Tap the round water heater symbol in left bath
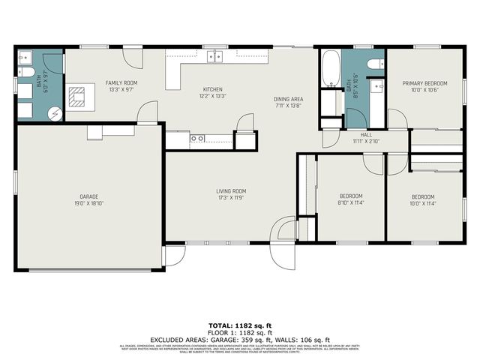pyautogui.click(x=55, y=113)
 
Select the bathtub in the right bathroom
pyautogui.click(x=330, y=72)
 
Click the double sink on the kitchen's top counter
pyautogui.click(x=216, y=56)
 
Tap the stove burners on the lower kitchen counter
pyautogui.click(x=197, y=139)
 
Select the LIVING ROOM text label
pyautogui.click(x=231, y=191)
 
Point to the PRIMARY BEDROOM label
pyautogui.click(x=425, y=83)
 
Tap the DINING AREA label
pyautogui.click(x=287, y=99)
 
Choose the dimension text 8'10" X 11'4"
pyautogui.click(x=350, y=202)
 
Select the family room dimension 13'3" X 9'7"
pyautogui.click(x=119, y=89)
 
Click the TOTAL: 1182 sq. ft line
pyautogui.click(x=240, y=325)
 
